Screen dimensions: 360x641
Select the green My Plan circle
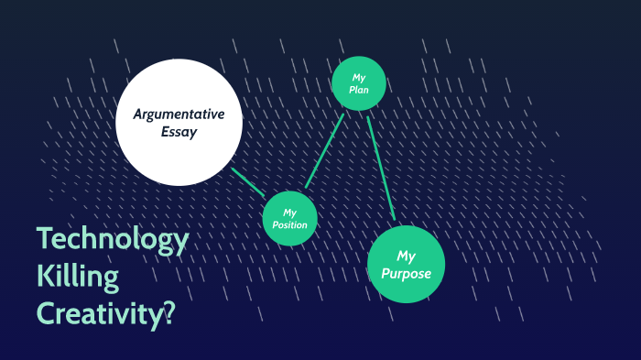358,84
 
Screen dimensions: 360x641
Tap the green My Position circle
290,218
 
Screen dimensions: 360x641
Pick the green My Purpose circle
406,264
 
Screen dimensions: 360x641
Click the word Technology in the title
113,240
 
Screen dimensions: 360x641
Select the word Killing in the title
78,276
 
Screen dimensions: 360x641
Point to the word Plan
358,91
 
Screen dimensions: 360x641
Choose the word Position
289,225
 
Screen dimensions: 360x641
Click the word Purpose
406,273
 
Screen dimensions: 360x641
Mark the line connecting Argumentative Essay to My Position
248,182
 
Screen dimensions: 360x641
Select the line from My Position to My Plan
324,152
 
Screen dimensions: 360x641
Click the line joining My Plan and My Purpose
380,166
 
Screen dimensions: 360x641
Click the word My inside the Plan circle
358,77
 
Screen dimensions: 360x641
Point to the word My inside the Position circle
290,212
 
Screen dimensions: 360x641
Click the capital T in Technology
46,240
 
